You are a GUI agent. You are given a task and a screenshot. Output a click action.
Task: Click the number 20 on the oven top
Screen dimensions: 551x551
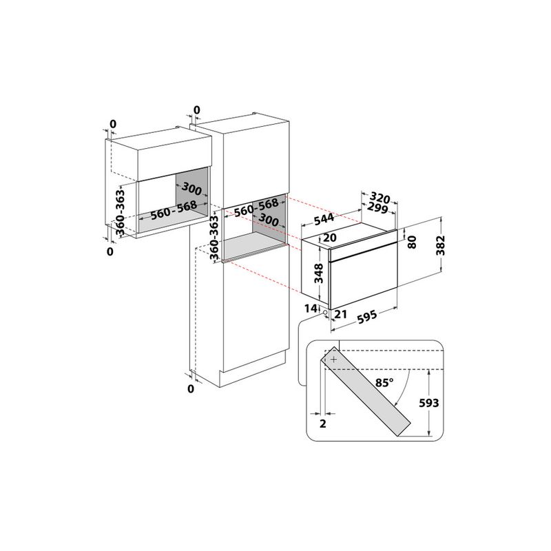click(330, 238)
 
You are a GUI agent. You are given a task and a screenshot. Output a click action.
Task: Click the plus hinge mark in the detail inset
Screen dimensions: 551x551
click(334, 360)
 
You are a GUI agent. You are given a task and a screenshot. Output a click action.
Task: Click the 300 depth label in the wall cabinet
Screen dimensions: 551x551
click(191, 189)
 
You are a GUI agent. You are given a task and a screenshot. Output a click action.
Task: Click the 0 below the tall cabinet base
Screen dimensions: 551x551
click(191, 390)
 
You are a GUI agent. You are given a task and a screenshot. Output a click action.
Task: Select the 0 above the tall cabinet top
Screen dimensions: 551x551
click(196, 110)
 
